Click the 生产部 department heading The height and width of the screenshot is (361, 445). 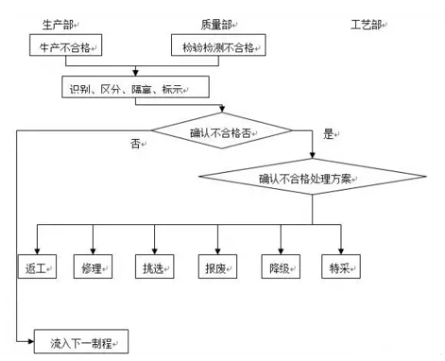click(x=59, y=26)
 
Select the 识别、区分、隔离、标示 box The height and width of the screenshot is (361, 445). click(x=128, y=87)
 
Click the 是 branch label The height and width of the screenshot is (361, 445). click(x=328, y=135)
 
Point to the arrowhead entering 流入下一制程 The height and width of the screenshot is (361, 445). click(x=30, y=343)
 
